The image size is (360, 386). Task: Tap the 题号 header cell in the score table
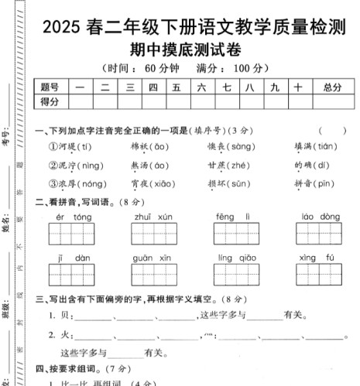[50, 87]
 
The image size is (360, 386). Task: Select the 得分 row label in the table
[50, 101]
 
